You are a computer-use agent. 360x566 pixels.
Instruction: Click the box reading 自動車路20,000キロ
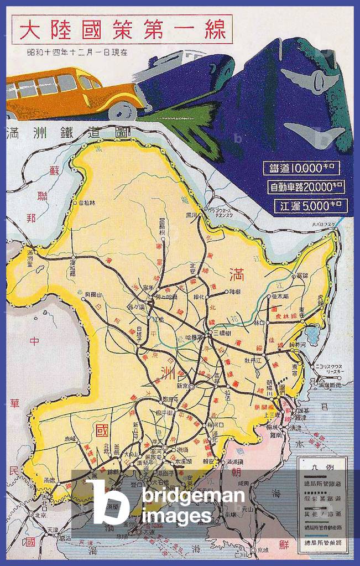(306, 187)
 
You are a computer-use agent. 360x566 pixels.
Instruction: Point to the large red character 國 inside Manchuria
(101, 429)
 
